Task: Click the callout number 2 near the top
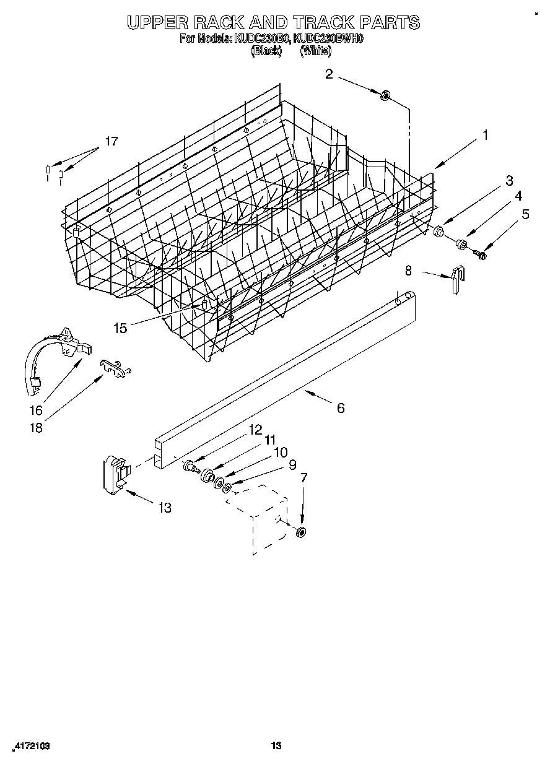pos(329,74)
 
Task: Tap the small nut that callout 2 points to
pos(385,95)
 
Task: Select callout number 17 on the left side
pos(110,141)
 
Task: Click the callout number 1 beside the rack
pos(485,134)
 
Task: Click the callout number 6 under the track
pos(341,408)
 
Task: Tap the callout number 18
pos(37,427)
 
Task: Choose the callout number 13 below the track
pos(164,508)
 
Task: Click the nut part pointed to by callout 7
pos(301,531)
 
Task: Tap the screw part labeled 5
pos(481,253)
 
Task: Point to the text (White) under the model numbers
pos(315,52)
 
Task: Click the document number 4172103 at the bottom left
pos(31,746)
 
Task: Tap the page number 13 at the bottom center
pos(276,745)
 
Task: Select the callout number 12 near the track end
pos(255,429)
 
